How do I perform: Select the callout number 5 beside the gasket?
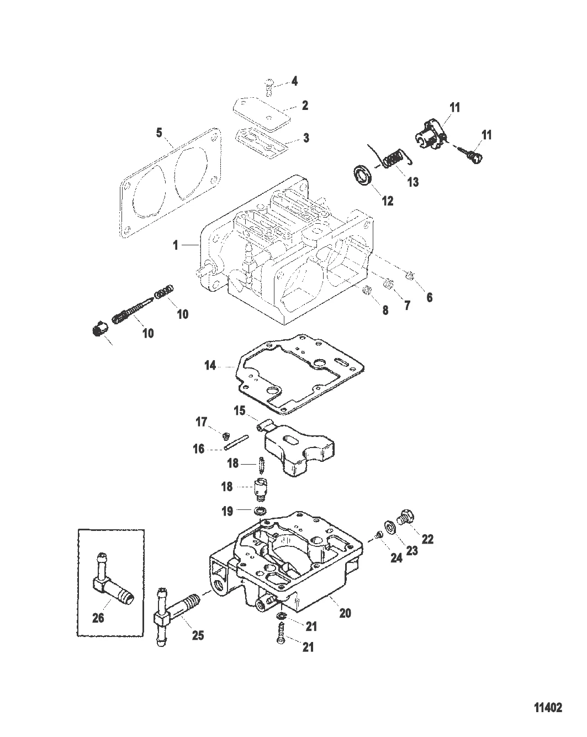tap(159, 133)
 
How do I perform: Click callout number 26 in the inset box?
tap(98, 618)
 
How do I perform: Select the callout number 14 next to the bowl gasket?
tap(210, 365)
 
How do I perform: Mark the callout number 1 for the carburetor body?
tap(176, 245)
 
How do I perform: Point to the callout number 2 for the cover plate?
tap(305, 105)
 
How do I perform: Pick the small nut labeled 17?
tap(225, 436)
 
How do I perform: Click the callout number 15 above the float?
tap(240, 410)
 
